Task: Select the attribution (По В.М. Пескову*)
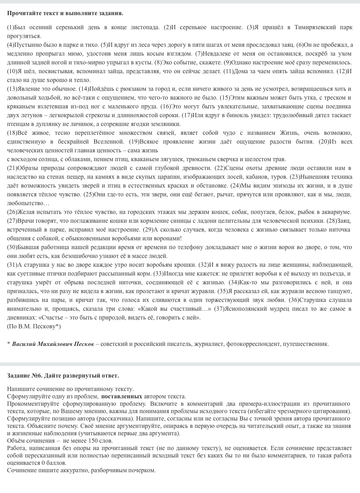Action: click(34, 326)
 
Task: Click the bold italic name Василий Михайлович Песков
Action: click(53, 344)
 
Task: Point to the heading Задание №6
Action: click(24, 375)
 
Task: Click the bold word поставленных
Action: click(122, 396)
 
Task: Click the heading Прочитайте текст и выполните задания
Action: click(65, 13)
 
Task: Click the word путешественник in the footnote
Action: click(306, 344)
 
